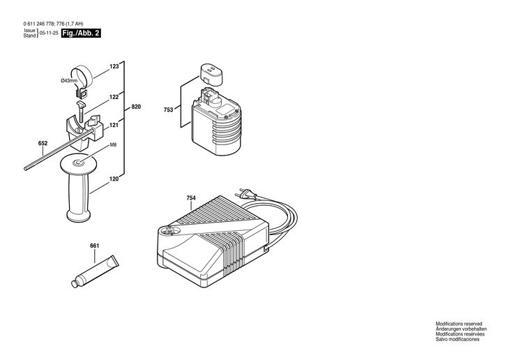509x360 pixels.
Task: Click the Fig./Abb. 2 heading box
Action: coord(80,33)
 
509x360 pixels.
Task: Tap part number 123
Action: coord(114,68)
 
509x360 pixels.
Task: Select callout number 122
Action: coord(114,98)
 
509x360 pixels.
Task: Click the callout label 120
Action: coord(114,179)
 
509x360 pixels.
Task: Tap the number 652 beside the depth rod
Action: coord(43,144)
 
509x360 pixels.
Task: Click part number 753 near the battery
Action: coord(169,110)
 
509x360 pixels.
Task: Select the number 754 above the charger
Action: coord(191,198)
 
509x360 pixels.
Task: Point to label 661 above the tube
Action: coord(94,246)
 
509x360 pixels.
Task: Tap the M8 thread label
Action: coord(113,145)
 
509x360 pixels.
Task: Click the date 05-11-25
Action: coord(48,33)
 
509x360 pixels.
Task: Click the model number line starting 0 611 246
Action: coord(52,24)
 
